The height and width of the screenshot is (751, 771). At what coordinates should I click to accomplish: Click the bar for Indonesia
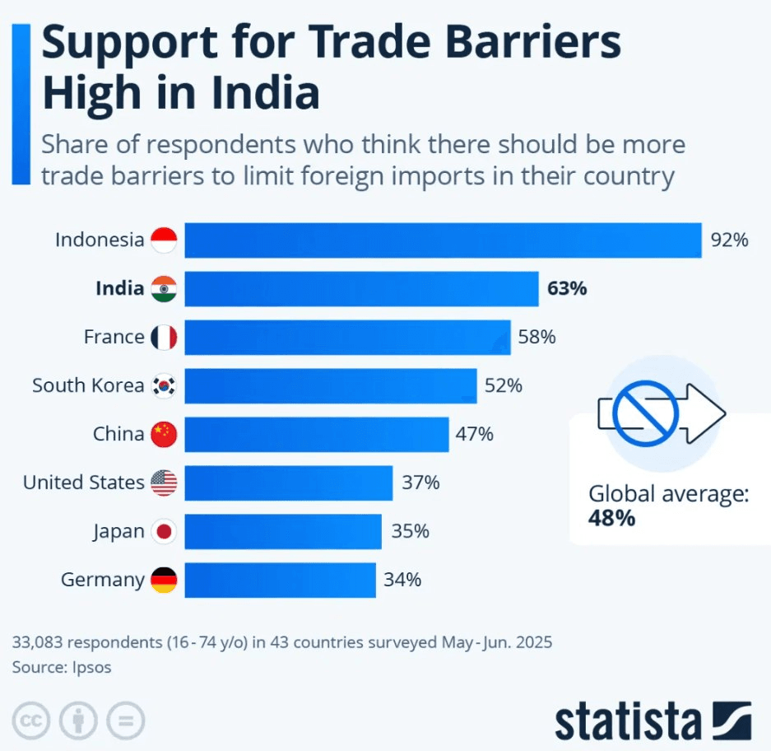pos(443,240)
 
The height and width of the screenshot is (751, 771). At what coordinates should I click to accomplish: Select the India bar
pos(361,289)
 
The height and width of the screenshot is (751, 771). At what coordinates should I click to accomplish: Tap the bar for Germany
pos(280,580)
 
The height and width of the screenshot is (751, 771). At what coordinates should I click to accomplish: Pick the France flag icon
pos(164,337)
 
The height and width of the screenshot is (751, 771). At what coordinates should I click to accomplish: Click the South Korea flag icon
pos(164,385)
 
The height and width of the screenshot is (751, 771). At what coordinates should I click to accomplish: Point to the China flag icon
pos(164,434)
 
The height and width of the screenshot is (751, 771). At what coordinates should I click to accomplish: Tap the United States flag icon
pos(164,483)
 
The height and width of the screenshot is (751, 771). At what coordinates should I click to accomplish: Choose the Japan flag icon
pos(164,531)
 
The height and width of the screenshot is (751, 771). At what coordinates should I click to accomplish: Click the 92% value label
pos(729,240)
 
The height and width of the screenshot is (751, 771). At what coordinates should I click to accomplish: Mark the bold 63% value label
pos(567,289)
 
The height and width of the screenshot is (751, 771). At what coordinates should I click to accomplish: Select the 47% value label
pos(474,434)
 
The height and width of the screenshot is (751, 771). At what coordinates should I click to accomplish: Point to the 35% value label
pos(410,531)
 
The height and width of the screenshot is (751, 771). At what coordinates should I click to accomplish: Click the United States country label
pos(83,483)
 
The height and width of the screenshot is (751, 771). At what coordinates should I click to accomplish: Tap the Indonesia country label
pos(99,240)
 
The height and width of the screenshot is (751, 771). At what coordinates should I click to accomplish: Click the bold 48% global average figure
pos(611,518)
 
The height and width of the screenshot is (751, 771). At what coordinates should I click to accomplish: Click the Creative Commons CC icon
pos(30,721)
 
